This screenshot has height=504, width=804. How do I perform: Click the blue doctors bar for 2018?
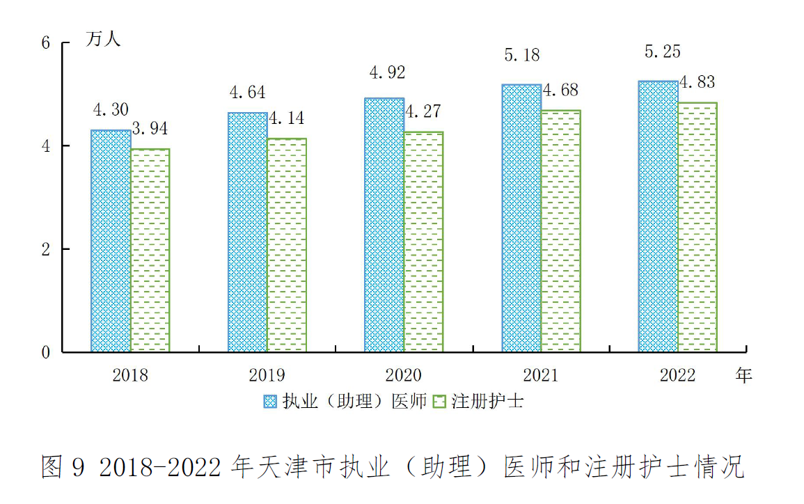[111, 241]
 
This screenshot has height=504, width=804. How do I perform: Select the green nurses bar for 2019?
[286, 245]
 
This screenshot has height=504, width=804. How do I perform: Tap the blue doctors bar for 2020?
[384, 225]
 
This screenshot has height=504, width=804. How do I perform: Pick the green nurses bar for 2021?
[560, 230]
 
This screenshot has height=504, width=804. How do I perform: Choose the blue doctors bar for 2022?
[658, 216]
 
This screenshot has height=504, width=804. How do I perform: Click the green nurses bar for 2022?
[697, 227]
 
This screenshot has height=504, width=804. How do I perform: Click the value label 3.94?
[149, 129]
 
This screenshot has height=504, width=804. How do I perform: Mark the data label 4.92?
[386, 72]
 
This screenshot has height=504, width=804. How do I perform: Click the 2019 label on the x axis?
[267, 376]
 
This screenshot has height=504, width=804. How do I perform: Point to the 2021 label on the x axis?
[541, 376]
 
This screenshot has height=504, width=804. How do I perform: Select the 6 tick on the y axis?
[46, 42]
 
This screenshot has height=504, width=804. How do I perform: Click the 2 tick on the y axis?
[46, 249]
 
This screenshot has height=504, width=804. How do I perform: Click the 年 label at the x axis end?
[744, 376]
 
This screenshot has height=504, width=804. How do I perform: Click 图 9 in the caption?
[62, 467]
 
